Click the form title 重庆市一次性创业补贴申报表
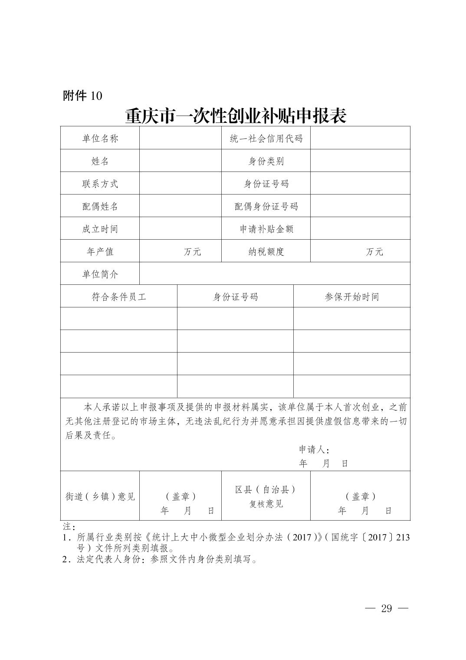236,115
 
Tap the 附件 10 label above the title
82,95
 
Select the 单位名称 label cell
100,139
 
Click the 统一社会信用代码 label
266,139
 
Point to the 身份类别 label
266,161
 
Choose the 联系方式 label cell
100,184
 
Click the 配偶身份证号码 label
266,206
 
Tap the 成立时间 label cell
100,229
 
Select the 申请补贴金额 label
266,229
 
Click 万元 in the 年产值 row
192,252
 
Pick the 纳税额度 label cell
266,252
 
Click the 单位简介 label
100,274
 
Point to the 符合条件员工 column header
118,297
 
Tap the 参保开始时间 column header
351,297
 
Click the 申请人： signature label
314,449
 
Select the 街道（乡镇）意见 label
100,496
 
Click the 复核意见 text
266,504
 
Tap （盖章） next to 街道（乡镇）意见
181,496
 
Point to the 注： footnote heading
69,526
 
